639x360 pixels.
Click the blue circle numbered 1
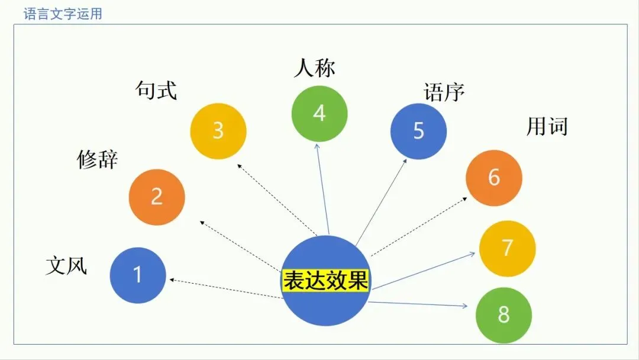coord(138,275)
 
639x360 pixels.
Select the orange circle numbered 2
coord(157,197)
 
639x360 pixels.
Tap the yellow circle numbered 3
coord(218,131)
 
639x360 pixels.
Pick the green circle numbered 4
coord(319,113)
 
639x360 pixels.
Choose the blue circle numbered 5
coord(418,131)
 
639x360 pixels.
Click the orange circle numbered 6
coord(494,178)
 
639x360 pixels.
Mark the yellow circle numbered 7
coord(507,248)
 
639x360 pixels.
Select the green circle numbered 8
coord(504,315)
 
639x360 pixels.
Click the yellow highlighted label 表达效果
coord(325,281)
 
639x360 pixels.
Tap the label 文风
coord(66,266)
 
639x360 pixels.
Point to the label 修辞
coord(98,159)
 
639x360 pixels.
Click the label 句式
coord(156,91)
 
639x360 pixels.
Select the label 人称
coord(314,68)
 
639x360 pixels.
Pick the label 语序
coord(444,92)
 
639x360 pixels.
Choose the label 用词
coord(547,126)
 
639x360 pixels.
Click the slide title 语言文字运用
coord(63,14)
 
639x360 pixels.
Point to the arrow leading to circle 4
coord(322,189)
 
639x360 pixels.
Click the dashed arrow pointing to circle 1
coord(225,288)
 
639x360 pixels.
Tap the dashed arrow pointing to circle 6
coord(420,226)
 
